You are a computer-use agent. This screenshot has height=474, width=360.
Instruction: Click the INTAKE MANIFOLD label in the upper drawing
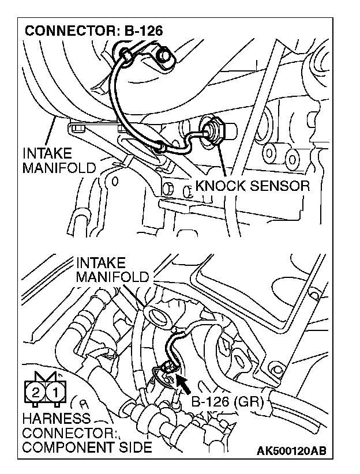[x=58, y=161]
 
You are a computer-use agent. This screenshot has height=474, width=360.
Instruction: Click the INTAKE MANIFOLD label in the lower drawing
[x=112, y=269]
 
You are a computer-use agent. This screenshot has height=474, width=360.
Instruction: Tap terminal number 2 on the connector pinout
[x=35, y=393]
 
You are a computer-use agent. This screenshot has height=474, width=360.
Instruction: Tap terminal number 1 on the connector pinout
[x=55, y=393]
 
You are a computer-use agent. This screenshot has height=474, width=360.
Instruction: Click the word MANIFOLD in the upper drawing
[x=58, y=169]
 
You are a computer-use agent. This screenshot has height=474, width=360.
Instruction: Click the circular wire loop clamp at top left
[x=125, y=54]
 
